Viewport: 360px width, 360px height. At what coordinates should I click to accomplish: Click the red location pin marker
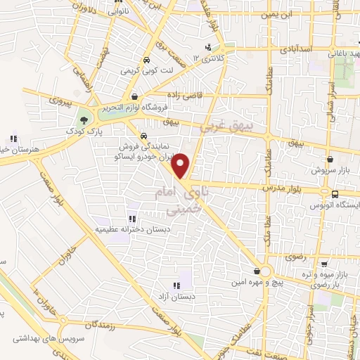[x=181, y=166]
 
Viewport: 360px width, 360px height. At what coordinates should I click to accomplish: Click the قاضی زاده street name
[x=185, y=94]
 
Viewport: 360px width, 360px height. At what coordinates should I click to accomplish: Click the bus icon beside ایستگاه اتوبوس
[x=335, y=193]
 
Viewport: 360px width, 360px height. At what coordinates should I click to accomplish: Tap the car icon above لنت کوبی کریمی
[x=146, y=60]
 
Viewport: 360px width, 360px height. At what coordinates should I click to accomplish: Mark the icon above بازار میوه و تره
[x=323, y=264]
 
